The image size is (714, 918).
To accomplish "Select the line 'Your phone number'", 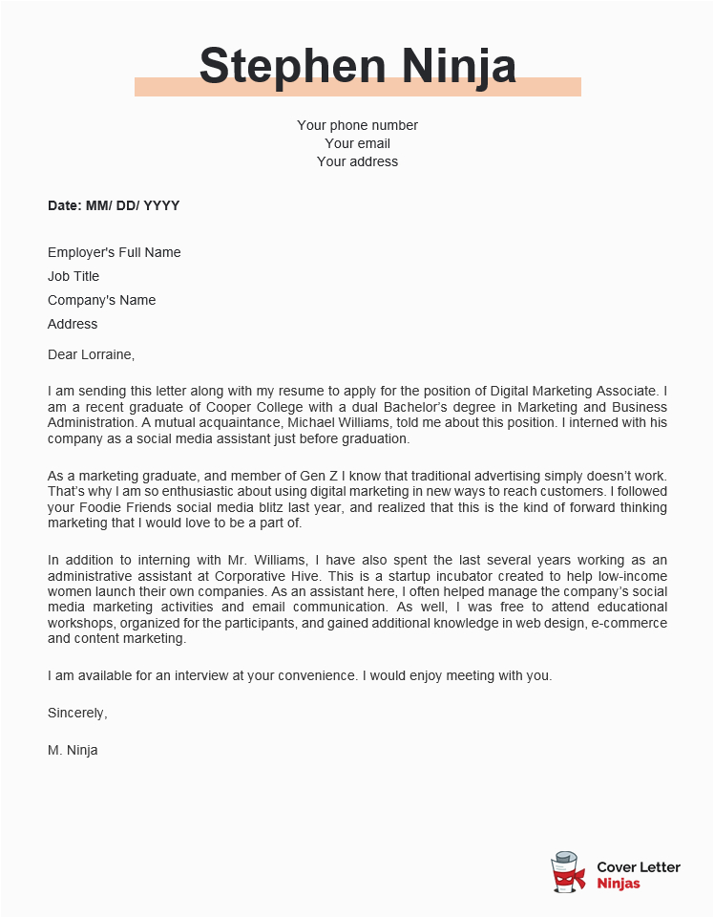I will click(x=357, y=125).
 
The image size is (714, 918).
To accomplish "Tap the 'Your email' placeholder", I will click(x=357, y=143).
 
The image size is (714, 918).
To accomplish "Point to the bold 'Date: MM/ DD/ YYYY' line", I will click(x=114, y=205).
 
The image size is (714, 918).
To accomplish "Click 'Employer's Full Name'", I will click(x=114, y=252).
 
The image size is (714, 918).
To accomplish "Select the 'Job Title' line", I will click(x=73, y=276).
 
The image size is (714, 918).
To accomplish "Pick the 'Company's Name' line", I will click(x=101, y=300).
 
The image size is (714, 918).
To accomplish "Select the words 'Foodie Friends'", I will click(x=123, y=506).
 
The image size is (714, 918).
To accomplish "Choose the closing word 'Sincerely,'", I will click(x=77, y=713).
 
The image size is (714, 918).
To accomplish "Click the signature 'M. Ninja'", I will click(x=73, y=750).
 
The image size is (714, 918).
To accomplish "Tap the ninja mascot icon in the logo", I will click(x=568, y=873).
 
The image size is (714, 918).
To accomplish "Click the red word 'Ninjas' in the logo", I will click(x=618, y=884).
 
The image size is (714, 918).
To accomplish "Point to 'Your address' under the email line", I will click(x=357, y=161).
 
